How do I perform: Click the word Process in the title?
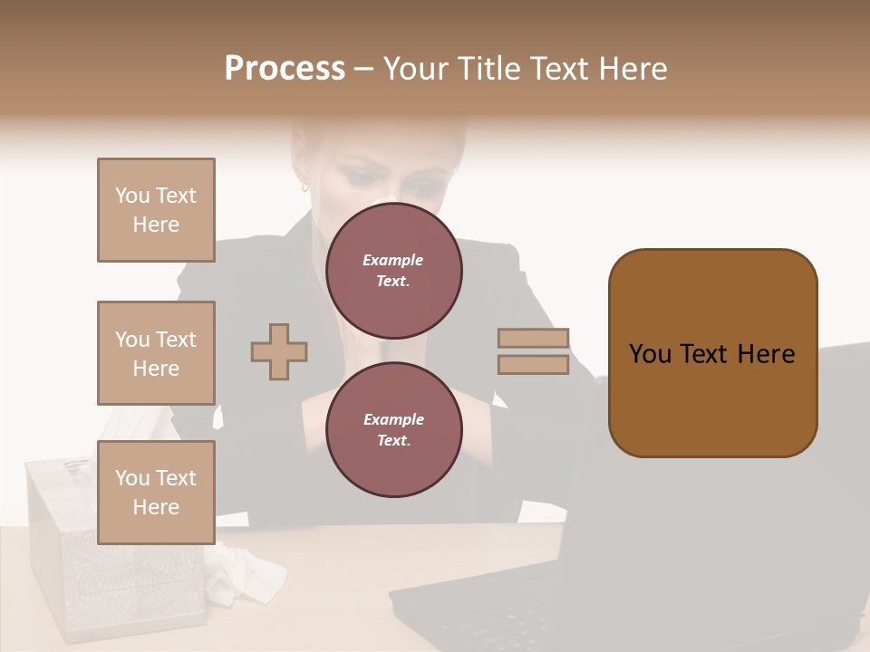[x=285, y=69]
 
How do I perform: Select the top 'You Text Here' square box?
[x=156, y=210]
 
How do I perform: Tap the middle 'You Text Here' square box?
[x=156, y=353]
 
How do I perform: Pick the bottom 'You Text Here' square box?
[x=156, y=493]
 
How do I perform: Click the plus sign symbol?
[x=279, y=351]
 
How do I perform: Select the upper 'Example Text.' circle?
[x=393, y=270]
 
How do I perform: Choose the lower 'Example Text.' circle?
[x=393, y=430]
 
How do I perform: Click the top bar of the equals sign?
[x=533, y=338]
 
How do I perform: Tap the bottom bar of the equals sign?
[x=533, y=364]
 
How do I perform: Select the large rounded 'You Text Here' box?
[x=712, y=353]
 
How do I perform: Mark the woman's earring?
[x=304, y=187]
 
